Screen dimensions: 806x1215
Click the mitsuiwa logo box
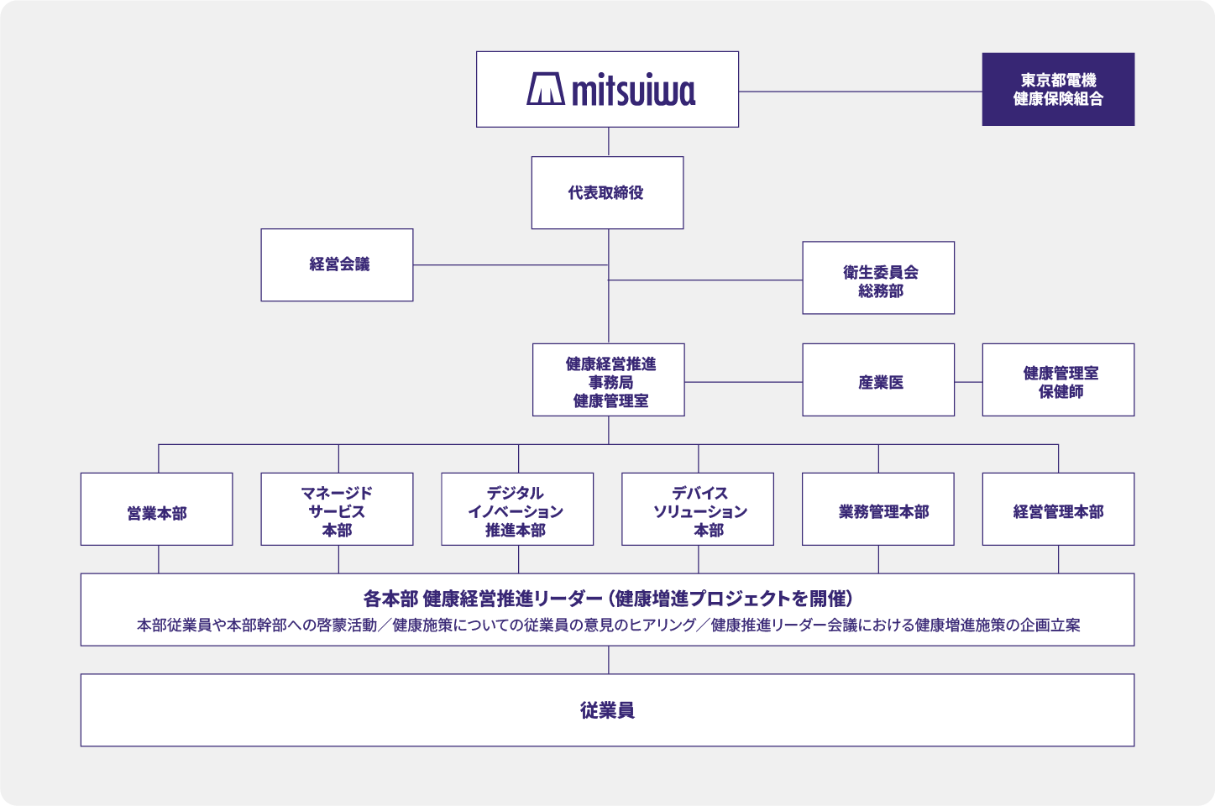(607, 90)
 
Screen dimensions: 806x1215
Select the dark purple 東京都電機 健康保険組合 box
(1058, 90)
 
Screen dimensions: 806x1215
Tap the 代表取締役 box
(607, 192)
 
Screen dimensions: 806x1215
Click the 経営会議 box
(337, 264)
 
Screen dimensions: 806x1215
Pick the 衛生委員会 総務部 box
(878, 278)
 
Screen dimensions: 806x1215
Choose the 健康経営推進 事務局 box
(609, 379)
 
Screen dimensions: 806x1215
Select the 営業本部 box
(157, 509)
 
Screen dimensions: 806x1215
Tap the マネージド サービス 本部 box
(337, 509)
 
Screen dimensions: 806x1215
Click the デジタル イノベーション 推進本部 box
(517, 509)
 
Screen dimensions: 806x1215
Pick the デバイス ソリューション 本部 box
(698, 509)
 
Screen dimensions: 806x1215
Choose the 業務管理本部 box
(878, 509)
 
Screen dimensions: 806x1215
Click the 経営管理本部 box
(1058, 509)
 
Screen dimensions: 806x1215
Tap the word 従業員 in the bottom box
(607, 710)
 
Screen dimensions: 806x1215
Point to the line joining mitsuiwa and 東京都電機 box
(861, 92)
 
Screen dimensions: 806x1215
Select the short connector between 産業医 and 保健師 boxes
(968, 382)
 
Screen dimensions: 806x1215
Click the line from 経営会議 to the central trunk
(511, 265)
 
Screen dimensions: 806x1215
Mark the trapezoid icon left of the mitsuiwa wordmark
(546, 89)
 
